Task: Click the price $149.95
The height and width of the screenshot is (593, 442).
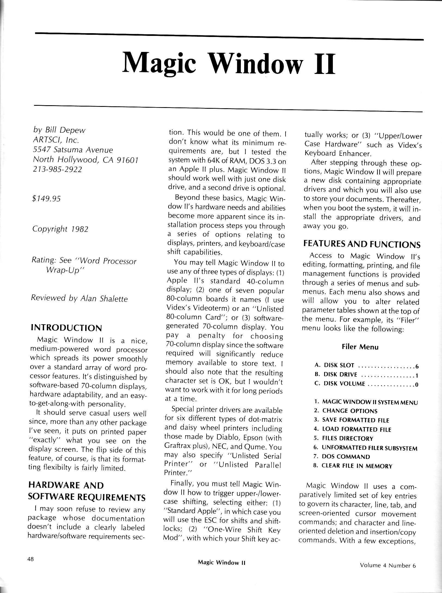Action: point(46,199)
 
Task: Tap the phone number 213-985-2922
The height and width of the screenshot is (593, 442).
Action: point(57,169)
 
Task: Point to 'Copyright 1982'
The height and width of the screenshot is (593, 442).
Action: point(60,229)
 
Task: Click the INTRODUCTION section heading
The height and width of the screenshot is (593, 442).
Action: point(66,328)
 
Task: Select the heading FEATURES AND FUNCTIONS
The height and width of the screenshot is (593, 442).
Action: point(362,244)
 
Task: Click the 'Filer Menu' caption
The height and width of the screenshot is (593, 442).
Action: point(360,347)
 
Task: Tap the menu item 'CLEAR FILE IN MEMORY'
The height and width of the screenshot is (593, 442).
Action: point(357,466)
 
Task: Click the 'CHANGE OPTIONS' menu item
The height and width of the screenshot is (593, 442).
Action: point(350,411)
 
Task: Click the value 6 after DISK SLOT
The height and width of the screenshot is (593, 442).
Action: point(416,366)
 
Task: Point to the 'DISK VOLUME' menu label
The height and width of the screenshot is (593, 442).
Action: point(344,384)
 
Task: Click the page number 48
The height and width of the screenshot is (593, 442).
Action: point(30,559)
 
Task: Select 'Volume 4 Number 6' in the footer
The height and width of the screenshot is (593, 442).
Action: point(388,566)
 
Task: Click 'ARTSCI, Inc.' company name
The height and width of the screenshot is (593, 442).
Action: point(56,140)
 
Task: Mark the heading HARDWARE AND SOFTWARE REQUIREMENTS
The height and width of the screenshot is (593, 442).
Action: point(87,491)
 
